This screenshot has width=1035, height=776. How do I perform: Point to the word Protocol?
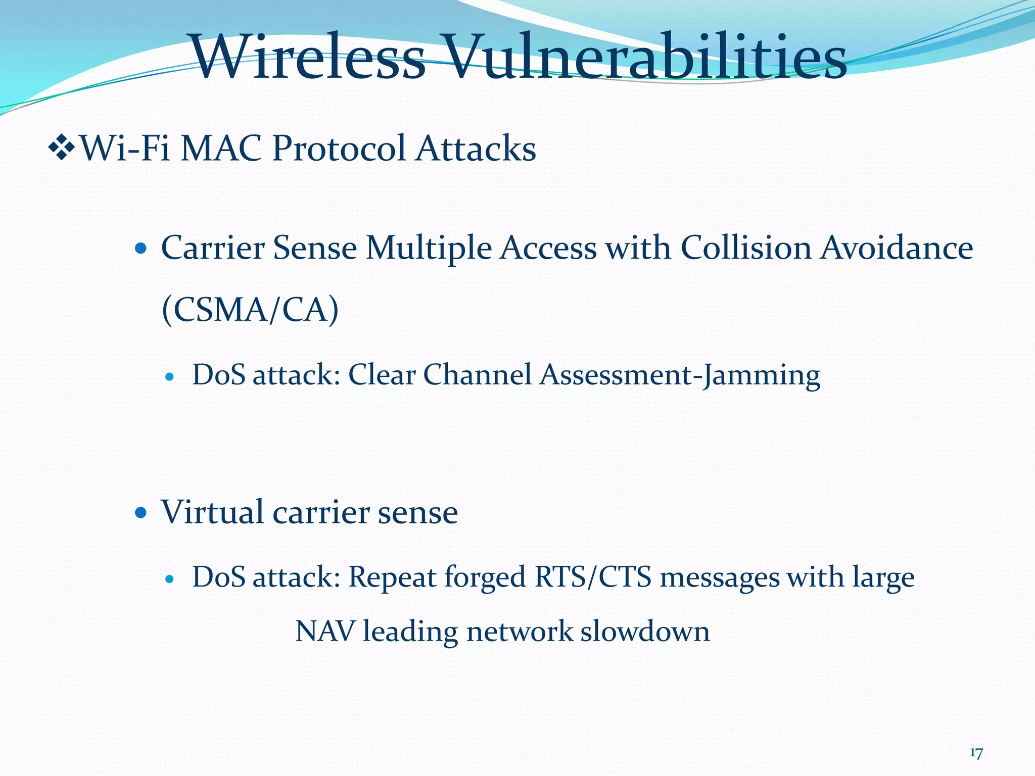(x=339, y=149)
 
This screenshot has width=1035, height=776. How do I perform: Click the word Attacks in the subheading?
(x=476, y=149)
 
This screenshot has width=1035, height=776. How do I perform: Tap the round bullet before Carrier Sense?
(x=142, y=249)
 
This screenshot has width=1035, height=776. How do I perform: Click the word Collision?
(x=745, y=249)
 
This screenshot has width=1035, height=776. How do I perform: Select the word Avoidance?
(x=896, y=249)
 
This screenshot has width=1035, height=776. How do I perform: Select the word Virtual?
(x=213, y=512)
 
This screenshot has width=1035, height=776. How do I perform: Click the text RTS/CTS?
(x=593, y=577)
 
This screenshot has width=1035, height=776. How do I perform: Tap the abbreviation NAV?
(x=324, y=632)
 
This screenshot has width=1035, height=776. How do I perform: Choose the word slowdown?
(x=645, y=632)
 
